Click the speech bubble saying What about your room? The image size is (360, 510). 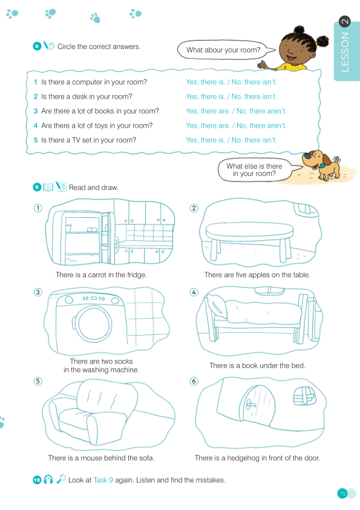click(224, 50)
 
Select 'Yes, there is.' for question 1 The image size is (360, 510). click(205, 82)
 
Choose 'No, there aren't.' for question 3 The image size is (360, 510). click(261, 111)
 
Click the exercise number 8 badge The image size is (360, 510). click(37, 46)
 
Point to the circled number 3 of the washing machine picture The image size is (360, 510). click(38, 292)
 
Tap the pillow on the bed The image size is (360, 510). click(216, 305)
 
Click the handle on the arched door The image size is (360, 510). click(250, 405)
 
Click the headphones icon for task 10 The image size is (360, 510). click(48, 479)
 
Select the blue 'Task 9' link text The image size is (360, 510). click(103, 480)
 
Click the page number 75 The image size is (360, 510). click(342, 494)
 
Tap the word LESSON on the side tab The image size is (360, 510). click(345, 52)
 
